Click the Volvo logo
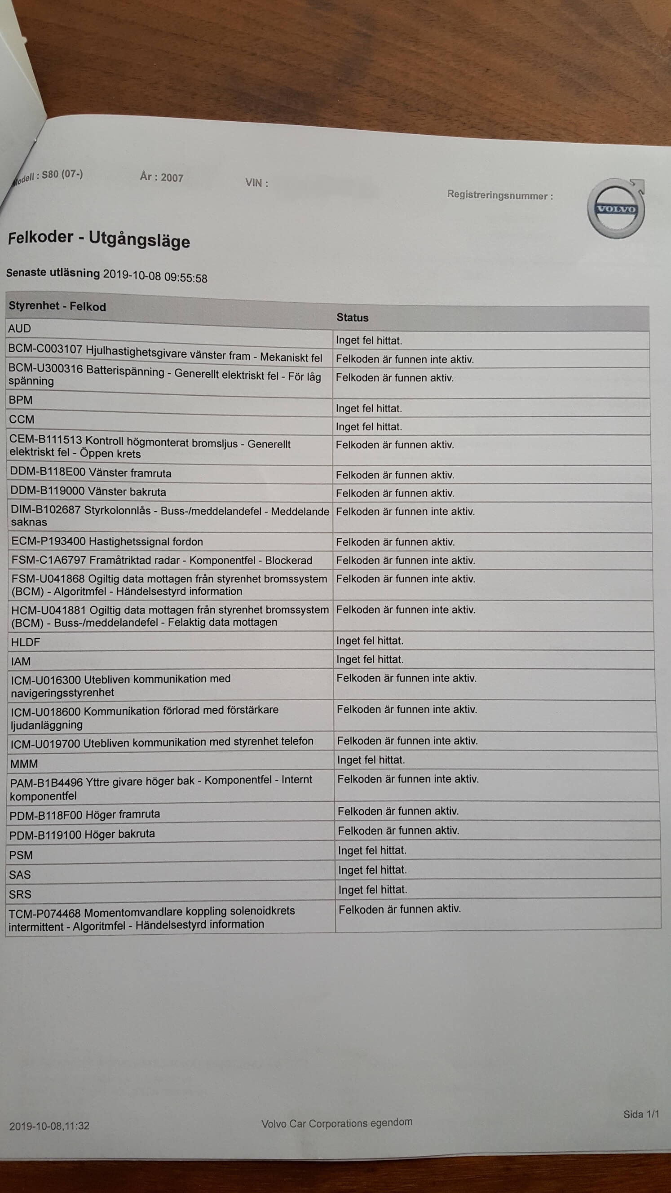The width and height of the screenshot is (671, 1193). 616,209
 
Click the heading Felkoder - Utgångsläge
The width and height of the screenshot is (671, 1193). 99,239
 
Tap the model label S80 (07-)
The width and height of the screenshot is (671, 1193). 62,175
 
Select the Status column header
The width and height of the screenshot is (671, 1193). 353,318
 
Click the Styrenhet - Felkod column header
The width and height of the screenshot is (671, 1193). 57,306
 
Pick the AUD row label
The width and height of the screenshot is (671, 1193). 19,328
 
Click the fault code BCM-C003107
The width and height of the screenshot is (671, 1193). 45,349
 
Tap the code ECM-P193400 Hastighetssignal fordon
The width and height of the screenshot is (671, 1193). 107,541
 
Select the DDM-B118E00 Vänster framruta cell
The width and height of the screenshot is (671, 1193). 91,473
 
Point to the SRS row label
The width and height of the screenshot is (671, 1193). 20,894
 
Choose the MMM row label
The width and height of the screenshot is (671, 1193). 24,764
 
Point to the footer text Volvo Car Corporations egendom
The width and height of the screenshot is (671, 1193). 337,1123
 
